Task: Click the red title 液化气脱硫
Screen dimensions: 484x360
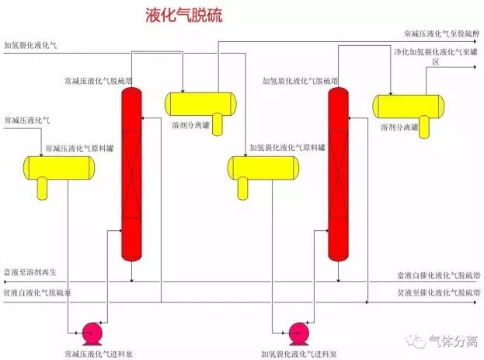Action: tap(183, 15)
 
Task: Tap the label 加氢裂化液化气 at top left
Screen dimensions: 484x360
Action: tap(30, 45)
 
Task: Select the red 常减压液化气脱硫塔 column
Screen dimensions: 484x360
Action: tap(132, 174)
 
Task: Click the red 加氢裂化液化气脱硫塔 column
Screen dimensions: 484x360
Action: tap(338, 174)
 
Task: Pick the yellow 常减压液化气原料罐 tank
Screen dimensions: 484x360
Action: tap(59, 168)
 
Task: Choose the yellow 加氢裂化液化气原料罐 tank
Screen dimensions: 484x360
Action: tap(263, 168)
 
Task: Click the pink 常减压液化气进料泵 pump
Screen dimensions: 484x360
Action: tap(92, 334)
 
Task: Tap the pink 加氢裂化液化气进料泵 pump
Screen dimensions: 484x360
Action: tap(299, 334)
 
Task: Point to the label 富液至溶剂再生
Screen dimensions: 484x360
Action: tap(30, 272)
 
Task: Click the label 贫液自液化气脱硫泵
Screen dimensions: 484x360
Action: tap(37, 292)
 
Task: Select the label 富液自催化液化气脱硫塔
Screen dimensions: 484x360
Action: tap(439, 275)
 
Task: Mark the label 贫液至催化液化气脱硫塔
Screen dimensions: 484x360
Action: tap(439, 292)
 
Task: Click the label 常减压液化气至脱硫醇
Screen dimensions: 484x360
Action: tap(442, 33)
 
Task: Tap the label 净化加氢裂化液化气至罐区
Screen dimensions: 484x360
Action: tap(436, 57)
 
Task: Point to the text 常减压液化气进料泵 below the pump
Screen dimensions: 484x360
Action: tap(99, 354)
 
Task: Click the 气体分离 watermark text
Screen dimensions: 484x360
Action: tap(454, 341)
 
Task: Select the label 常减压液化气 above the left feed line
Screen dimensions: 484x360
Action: tap(27, 121)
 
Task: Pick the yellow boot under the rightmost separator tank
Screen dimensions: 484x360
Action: tap(424, 127)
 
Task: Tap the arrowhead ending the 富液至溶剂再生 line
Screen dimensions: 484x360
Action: tap(5, 281)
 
